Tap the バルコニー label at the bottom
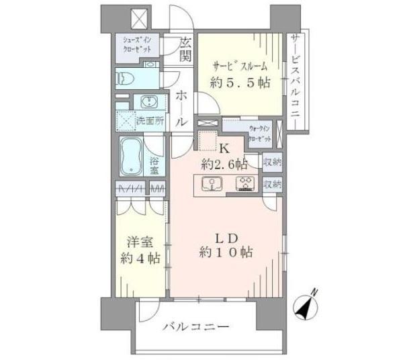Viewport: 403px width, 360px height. pos(197,328)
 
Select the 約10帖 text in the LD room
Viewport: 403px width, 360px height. pos(224,253)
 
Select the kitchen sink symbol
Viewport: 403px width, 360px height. pos(212,183)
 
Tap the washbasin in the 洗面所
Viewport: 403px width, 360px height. pos(146,102)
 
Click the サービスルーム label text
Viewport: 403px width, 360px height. pos(240,66)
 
